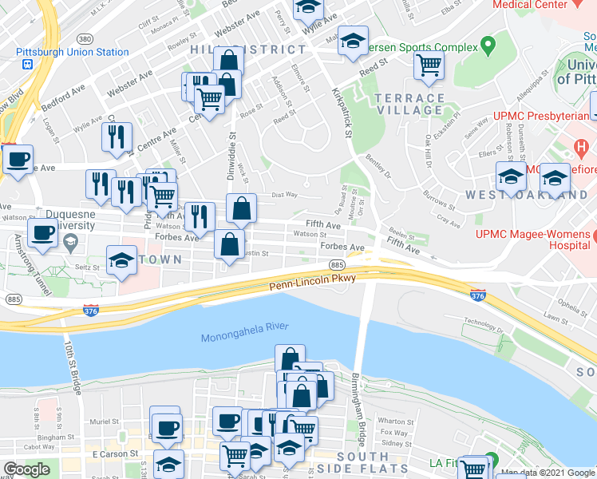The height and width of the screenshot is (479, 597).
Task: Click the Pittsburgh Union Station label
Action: pos(72,52)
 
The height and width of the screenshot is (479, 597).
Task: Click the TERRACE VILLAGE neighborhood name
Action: pos(409,104)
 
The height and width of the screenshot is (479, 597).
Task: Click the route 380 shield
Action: pos(85,38)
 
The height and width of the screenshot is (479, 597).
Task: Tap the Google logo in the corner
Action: pos(27,469)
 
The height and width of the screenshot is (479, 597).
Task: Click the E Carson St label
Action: pos(110,453)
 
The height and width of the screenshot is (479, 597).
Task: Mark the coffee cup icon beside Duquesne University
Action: pos(42,233)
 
